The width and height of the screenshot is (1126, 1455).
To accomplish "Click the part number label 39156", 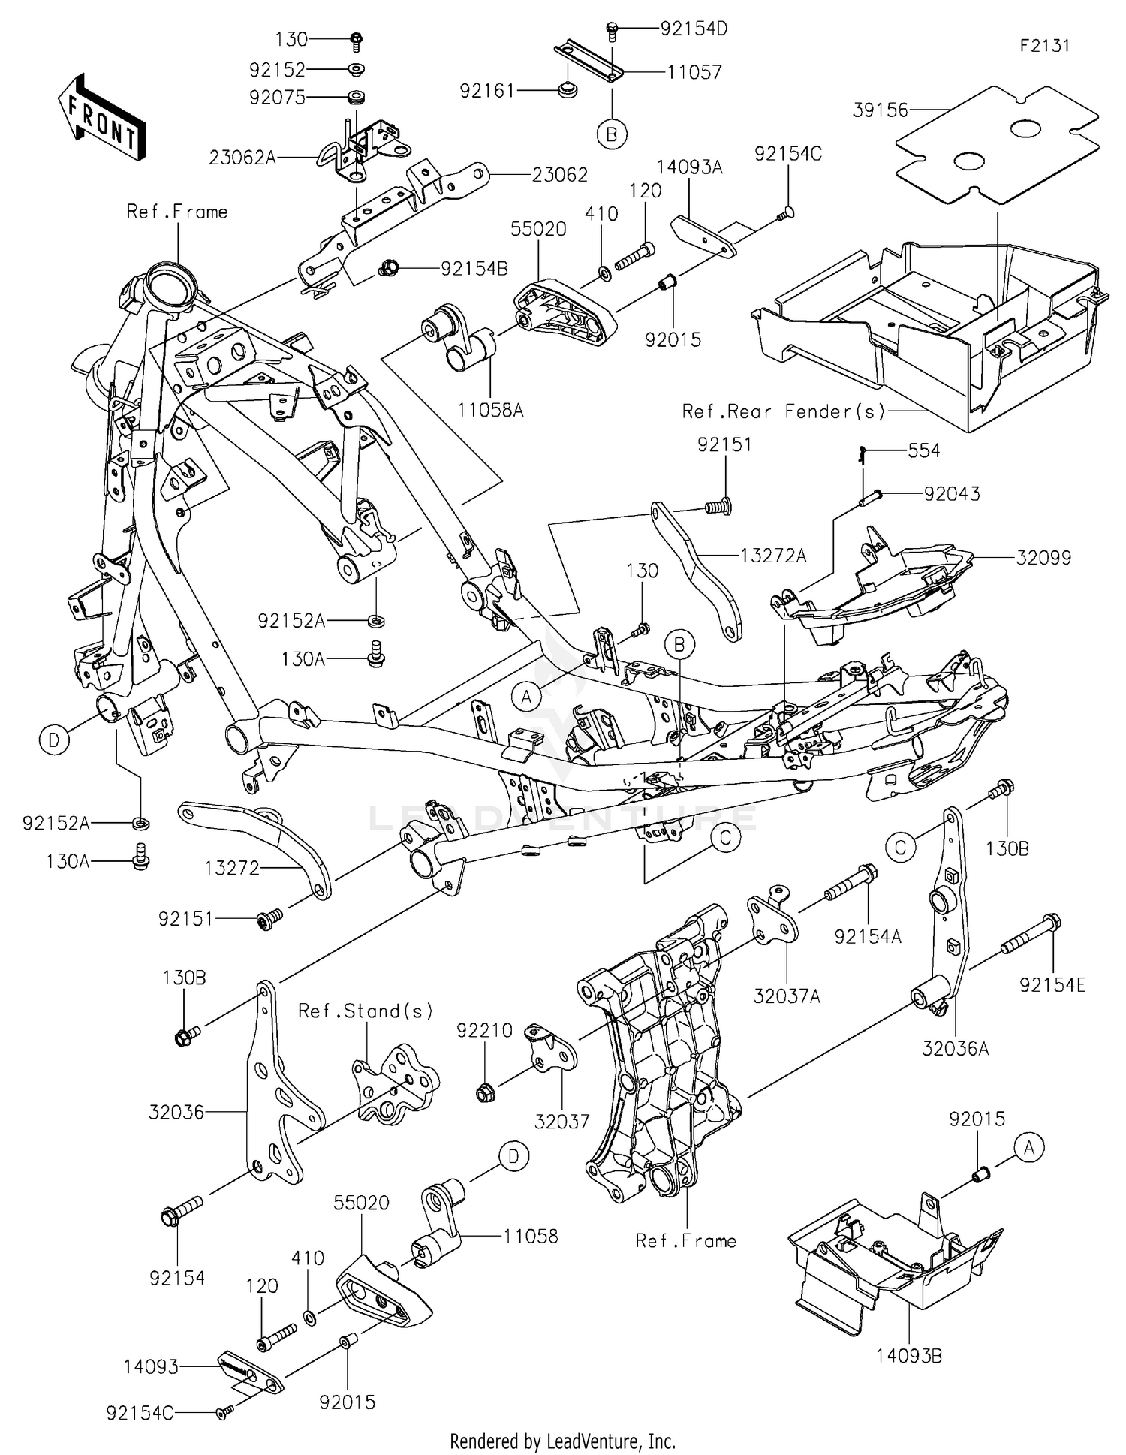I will tap(880, 110).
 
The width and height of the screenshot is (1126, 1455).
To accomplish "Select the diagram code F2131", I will tap(1044, 46).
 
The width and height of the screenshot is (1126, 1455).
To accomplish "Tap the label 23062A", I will tap(242, 158).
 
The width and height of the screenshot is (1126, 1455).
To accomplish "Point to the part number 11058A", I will tap(490, 410).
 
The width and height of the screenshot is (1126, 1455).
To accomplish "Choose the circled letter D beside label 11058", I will tap(513, 1157).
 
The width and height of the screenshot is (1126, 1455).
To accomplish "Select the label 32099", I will tap(1043, 558).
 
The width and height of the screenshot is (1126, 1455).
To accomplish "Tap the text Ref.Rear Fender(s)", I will tap(783, 411).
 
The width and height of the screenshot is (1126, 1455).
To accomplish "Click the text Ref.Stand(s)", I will tap(366, 1011).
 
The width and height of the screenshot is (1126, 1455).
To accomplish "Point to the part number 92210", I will tap(484, 1031).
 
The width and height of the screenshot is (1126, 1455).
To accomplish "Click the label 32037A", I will tap(787, 996).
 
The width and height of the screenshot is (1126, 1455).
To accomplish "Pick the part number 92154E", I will tap(1052, 985).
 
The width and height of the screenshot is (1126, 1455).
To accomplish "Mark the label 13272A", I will tap(773, 556).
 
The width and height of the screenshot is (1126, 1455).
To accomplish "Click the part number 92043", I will tap(951, 494).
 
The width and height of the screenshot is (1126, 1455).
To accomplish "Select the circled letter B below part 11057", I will tap(611, 134).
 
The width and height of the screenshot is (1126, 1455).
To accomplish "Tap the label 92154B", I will tap(474, 268).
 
